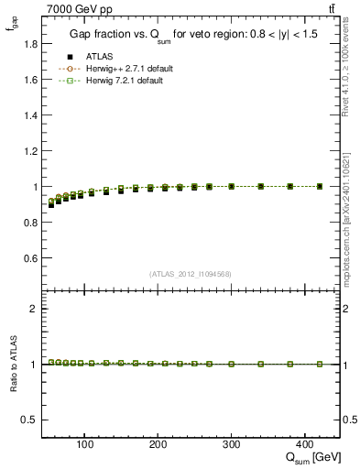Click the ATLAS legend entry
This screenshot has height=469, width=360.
(x=98, y=57)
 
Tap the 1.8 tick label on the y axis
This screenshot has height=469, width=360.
(x=30, y=44)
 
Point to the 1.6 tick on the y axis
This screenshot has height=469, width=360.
(x=30, y=80)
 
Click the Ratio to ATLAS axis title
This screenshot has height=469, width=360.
(x=13, y=365)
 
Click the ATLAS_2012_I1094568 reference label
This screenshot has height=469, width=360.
(x=191, y=274)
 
